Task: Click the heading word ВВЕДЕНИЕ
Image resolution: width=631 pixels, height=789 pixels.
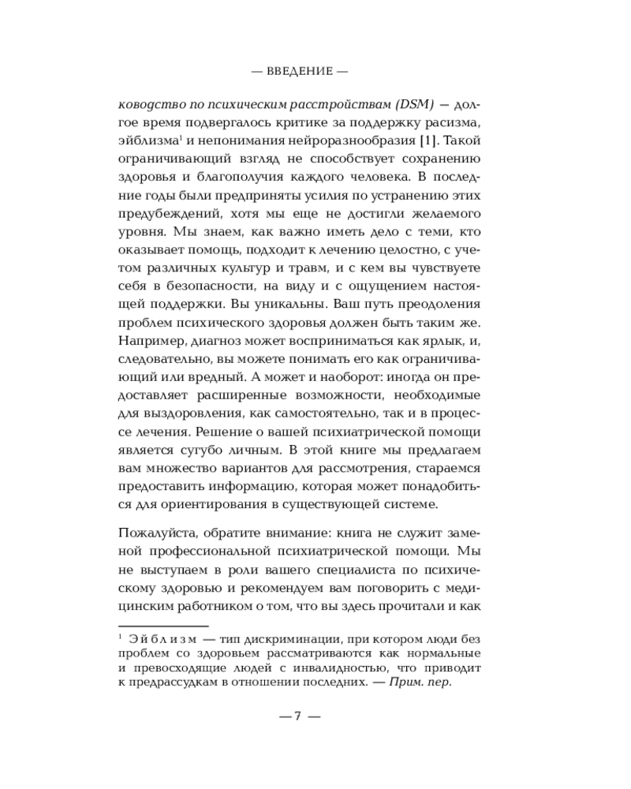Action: point(298,70)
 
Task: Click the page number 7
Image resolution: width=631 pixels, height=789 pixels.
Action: point(297,716)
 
